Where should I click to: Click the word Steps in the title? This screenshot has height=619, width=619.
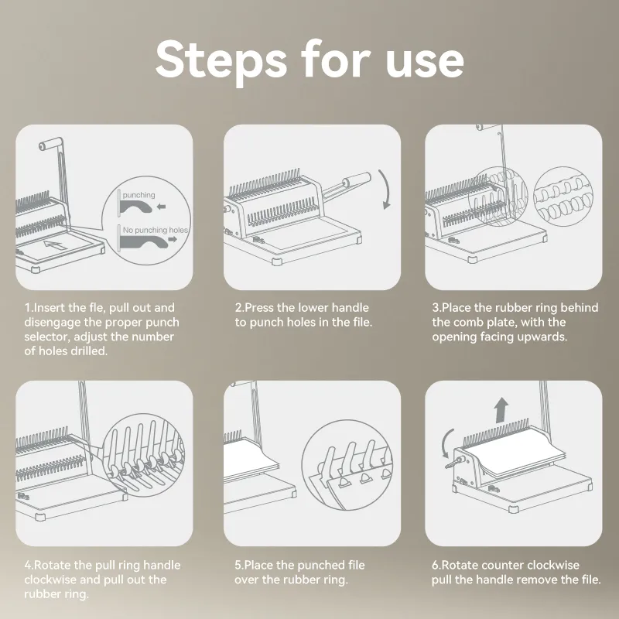[221, 61]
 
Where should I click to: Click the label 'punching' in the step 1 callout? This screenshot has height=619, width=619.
[139, 195]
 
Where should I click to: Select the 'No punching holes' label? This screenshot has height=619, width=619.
[156, 230]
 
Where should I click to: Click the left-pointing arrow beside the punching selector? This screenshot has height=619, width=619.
[161, 206]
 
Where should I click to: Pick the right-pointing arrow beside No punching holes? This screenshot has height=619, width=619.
[173, 240]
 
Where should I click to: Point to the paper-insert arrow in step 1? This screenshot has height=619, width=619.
[55, 245]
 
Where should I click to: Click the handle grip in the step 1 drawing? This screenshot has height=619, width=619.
[50, 144]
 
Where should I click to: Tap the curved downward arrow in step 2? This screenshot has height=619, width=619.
[385, 190]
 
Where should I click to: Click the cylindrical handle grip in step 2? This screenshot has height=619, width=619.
[357, 180]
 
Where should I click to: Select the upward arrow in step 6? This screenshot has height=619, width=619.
[501, 409]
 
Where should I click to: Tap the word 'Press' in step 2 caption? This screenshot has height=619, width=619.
[259, 307]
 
